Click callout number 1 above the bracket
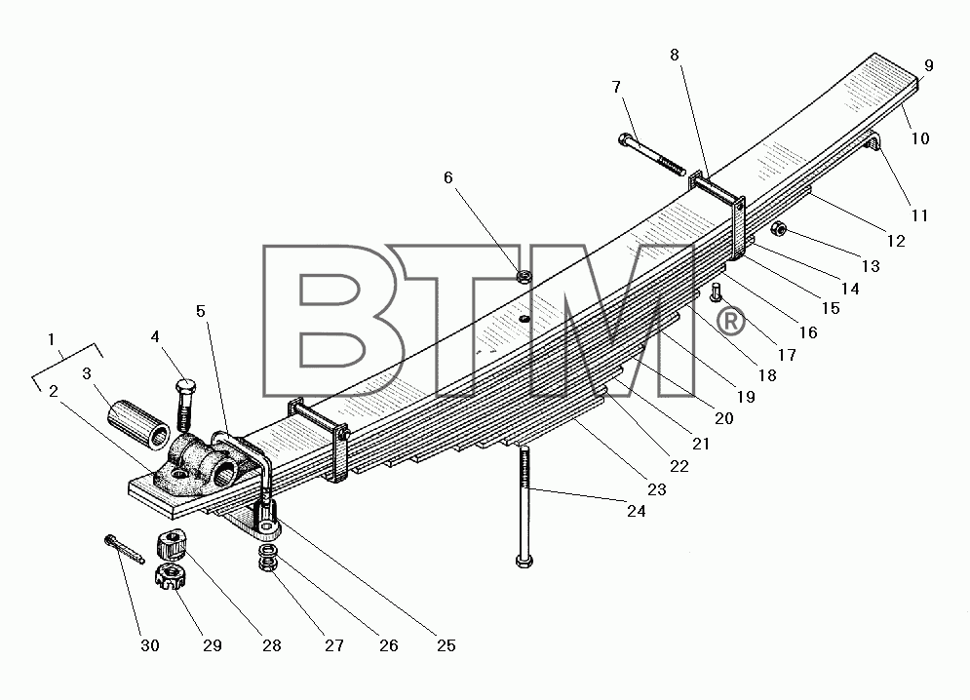click(x=52, y=339)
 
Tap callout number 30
click(x=150, y=645)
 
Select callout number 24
click(x=636, y=511)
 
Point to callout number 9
click(x=928, y=65)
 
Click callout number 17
click(x=787, y=355)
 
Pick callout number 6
click(x=448, y=178)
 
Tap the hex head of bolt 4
click(x=185, y=389)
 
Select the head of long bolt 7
click(x=626, y=139)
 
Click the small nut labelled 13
click(x=780, y=230)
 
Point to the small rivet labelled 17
click(x=717, y=292)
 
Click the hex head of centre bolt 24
click(x=524, y=562)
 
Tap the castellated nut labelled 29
click(x=168, y=577)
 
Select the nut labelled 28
click(x=171, y=544)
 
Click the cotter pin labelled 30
click(x=125, y=550)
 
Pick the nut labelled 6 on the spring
click(x=524, y=276)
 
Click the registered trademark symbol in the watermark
click(x=730, y=322)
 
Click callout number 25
click(x=446, y=645)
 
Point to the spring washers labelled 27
click(x=267, y=558)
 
